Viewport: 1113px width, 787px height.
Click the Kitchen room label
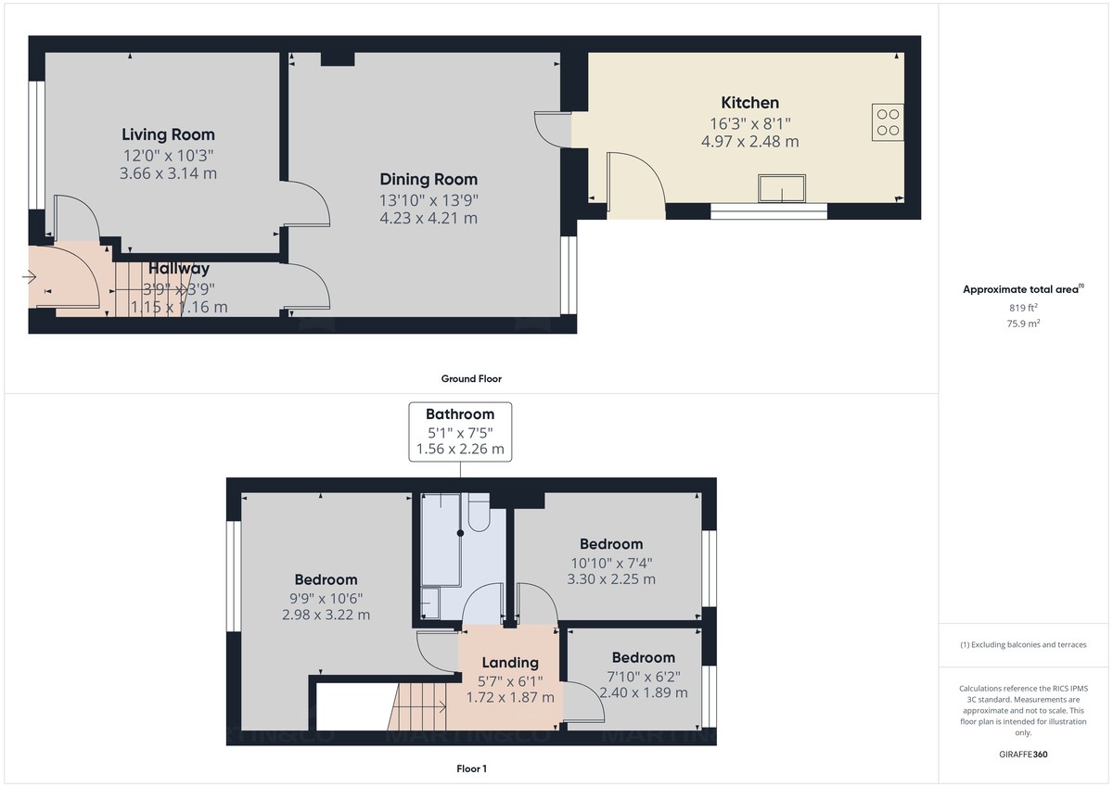(x=749, y=102)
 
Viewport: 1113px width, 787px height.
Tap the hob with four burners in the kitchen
(x=888, y=121)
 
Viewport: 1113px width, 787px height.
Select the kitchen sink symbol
(x=781, y=188)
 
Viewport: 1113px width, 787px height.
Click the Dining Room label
(x=429, y=179)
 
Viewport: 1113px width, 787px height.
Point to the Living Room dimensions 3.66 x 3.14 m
(x=168, y=173)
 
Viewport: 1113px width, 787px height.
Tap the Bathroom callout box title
(x=460, y=414)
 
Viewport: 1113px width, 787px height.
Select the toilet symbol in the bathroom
(x=479, y=514)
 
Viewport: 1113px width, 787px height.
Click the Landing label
(x=510, y=662)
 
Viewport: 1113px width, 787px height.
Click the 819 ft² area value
(x=1023, y=308)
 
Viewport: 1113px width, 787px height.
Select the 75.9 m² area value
(x=1023, y=324)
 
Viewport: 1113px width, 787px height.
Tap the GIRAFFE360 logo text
(x=1023, y=755)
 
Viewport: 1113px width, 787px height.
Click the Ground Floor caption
(x=471, y=378)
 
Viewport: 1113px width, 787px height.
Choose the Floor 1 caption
(x=471, y=768)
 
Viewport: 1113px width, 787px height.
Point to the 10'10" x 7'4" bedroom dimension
(x=611, y=562)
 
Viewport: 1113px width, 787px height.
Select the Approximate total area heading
(x=1021, y=289)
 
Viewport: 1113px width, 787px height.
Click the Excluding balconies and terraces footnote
(x=1023, y=644)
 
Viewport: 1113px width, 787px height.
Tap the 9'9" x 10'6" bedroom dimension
(x=326, y=597)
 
